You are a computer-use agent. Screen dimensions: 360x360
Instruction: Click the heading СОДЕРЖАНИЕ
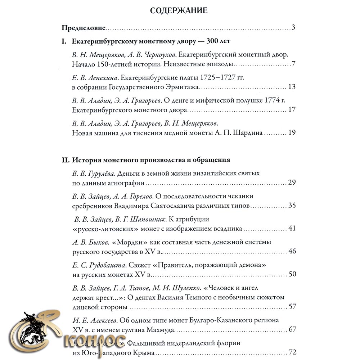point(179,10)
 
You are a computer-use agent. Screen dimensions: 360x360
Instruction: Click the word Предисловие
point(83,28)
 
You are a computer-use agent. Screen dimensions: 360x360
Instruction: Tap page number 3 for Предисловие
point(293,28)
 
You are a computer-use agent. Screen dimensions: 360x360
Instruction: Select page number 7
point(293,65)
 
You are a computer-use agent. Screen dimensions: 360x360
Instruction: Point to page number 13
point(292,87)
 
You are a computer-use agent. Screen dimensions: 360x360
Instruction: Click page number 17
point(292,110)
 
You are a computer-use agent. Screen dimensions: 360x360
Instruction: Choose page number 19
point(292,133)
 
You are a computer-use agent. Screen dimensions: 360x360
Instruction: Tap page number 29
point(292,183)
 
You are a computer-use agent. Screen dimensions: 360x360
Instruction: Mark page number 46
point(292,251)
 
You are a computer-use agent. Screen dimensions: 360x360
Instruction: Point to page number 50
point(292,274)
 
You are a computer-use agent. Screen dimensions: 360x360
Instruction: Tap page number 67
point(292,329)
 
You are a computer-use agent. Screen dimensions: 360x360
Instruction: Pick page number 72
point(292,352)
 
